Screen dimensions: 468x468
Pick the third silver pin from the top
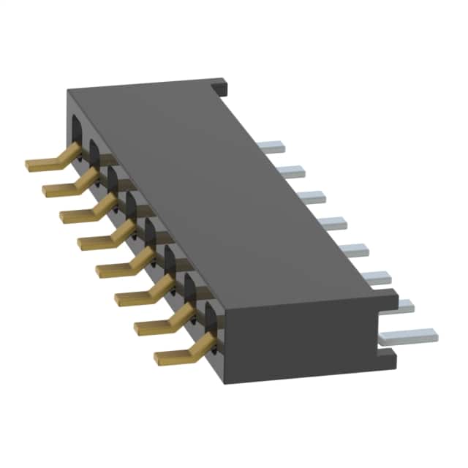(310, 197)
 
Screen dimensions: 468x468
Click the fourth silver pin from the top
(331, 222)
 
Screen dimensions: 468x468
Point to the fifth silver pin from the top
(352, 249)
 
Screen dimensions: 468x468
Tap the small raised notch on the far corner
(222, 87)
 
